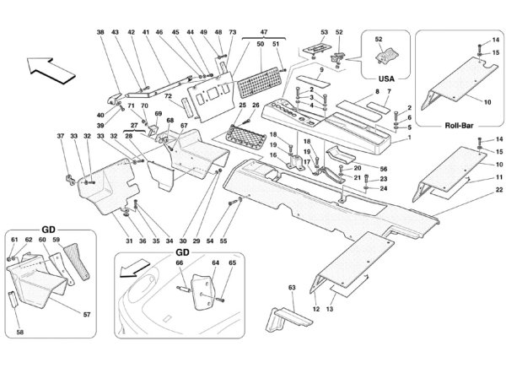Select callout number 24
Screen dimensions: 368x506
[x=385, y=189]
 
